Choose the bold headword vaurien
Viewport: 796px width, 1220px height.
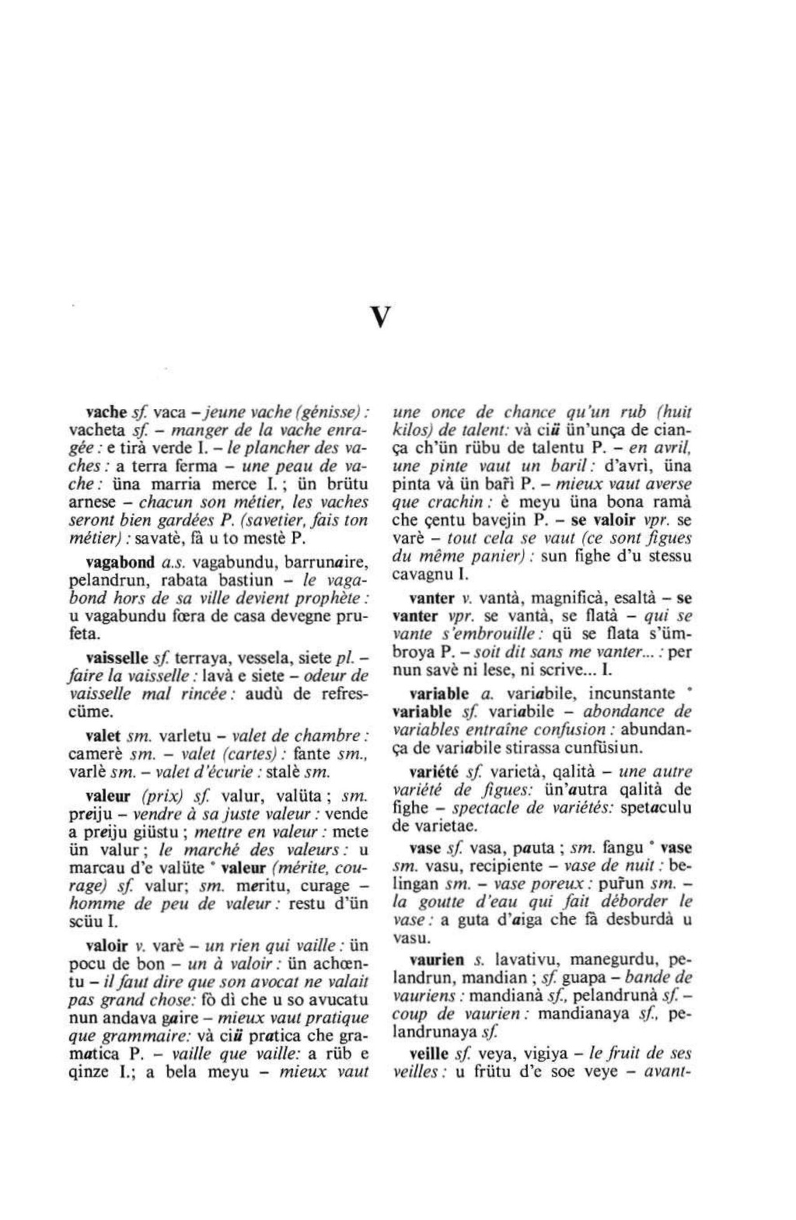(436, 960)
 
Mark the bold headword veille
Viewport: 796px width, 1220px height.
(429, 1054)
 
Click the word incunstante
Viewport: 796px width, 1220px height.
(631, 693)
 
